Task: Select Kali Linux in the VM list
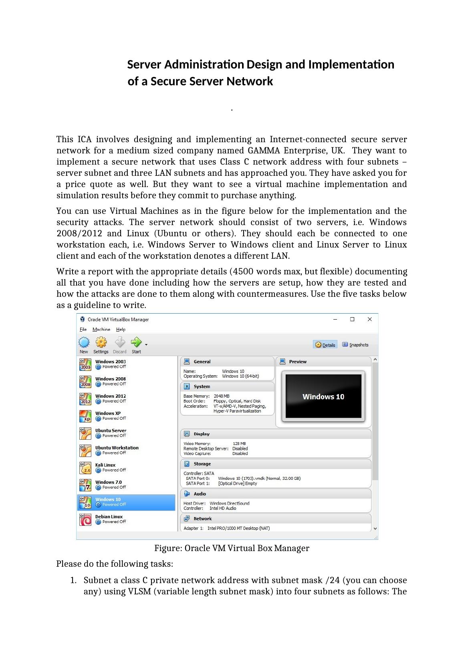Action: (x=105, y=465)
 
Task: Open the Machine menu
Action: (x=101, y=330)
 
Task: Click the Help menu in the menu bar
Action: (x=121, y=330)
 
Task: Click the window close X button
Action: (x=369, y=319)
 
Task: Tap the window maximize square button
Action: (x=352, y=319)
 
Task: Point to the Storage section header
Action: (x=202, y=464)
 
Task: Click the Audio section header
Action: (x=200, y=494)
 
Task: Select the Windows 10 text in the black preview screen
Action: (x=323, y=397)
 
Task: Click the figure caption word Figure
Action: (x=167, y=548)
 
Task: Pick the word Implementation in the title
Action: (x=351, y=64)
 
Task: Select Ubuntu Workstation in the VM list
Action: (x=117, y=448)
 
